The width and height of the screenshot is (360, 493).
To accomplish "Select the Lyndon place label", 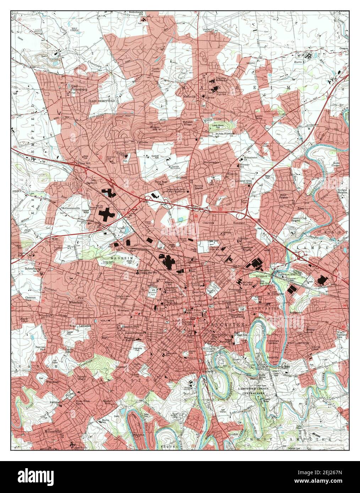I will pos(233,434).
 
